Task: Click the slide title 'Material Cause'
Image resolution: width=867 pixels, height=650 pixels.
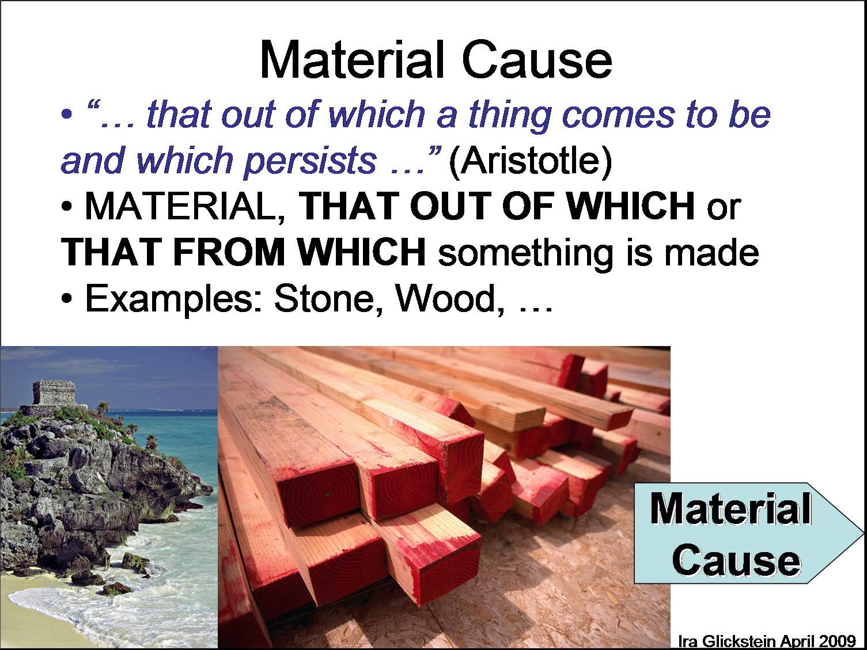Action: (435, 61)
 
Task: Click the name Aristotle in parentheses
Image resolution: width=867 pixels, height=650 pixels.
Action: (529, 161)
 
